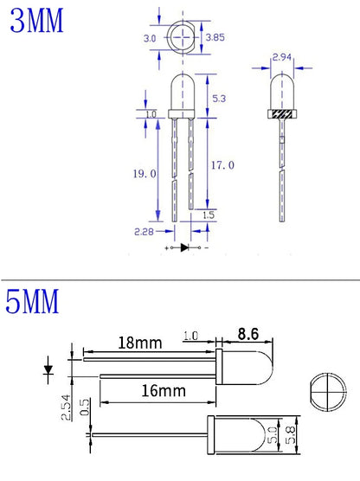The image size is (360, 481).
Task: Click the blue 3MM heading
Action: click(36, 21)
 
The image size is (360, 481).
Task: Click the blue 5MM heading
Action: click(32, 301)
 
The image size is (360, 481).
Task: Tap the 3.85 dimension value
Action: click(215, 37)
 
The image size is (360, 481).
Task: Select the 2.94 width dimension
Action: click(282, 57)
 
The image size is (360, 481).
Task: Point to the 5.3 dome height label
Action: click(219, 99)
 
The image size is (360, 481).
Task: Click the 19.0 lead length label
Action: click(145, 174)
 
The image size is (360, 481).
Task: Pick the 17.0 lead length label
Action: click(222, 165)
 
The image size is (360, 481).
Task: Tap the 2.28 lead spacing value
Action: click(144, 232)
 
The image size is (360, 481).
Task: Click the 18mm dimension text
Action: click(140, 343)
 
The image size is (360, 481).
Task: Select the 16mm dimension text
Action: click(164, 391)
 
